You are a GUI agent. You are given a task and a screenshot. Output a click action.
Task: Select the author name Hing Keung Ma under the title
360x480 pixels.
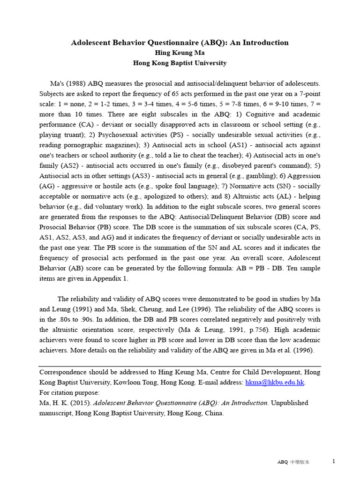click(180, 53)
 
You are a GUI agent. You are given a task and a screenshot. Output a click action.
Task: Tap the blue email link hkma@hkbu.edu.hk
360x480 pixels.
click(275, 382)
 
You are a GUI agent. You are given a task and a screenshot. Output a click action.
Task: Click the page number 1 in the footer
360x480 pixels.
click(334, 461)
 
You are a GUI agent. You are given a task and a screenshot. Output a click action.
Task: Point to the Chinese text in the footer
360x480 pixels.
click(300, 462)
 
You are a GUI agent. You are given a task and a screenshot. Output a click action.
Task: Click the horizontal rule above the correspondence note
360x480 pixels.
click(180, 366)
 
